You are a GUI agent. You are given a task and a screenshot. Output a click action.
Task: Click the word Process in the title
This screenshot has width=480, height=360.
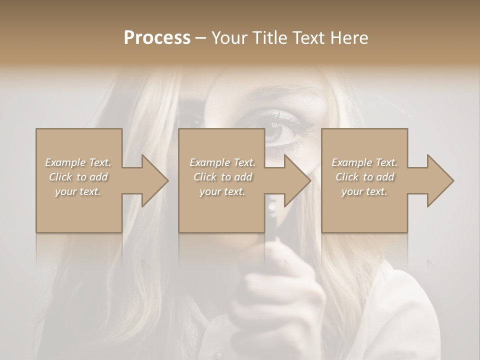point(157,38)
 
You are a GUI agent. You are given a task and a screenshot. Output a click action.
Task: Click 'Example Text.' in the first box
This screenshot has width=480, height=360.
point(78,162)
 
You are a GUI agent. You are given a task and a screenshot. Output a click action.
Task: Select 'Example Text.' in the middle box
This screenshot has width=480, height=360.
point(222,162)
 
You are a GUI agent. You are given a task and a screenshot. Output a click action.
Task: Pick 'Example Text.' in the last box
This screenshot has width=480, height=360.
point(364,162)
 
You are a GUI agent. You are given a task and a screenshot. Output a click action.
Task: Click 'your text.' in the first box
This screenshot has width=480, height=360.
point(78,191)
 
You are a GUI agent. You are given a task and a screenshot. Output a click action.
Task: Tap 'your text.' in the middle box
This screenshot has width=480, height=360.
point(222,191)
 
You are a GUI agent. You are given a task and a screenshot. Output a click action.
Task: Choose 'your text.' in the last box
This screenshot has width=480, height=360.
point(364,191)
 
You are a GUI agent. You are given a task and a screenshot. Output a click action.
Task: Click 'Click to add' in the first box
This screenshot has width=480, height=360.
point(78,177)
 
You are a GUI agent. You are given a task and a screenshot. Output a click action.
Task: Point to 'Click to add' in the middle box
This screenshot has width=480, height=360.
point(222,177)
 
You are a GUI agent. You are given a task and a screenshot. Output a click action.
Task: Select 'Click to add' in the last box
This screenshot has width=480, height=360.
point(364,177)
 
